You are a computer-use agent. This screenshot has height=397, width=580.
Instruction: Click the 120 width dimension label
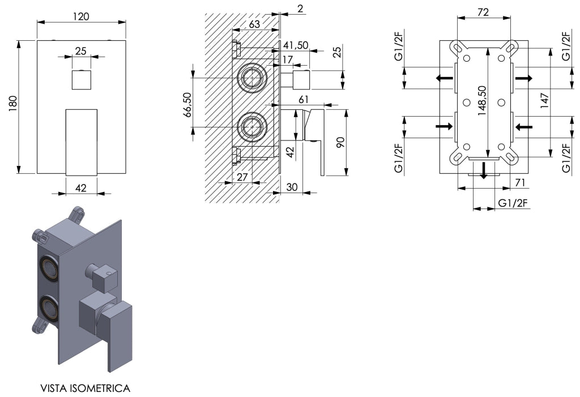point(81,16)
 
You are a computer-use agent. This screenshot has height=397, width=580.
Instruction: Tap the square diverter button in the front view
point(82,79)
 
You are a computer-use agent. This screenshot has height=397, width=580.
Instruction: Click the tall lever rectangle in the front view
point(82,142)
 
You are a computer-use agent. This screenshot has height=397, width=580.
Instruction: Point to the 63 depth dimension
point(254,24)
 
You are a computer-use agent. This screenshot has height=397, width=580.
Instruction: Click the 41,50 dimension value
point(296,45)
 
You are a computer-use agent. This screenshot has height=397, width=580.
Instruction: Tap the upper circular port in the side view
point(252,78)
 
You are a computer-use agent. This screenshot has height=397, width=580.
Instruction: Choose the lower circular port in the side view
point(252,126)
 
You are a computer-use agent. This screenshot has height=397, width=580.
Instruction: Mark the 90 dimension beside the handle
point(340,142)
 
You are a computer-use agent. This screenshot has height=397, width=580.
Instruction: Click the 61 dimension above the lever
point(304,100)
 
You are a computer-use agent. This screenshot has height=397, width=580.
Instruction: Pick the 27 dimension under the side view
point(242,177)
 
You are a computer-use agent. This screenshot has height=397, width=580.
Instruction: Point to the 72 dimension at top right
point(483,12)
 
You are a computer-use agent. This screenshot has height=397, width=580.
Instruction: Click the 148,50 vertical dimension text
point(481,101)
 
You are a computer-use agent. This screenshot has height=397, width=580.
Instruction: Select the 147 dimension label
point(544,100)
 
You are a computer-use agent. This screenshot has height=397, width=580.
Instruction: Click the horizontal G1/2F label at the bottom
point(513,203)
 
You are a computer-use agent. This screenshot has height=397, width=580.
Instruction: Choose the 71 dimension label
point(520,182)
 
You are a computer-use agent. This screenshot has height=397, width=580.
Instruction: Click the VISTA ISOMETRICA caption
point(85,388)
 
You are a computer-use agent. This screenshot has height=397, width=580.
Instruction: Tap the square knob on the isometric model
point(104,278)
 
